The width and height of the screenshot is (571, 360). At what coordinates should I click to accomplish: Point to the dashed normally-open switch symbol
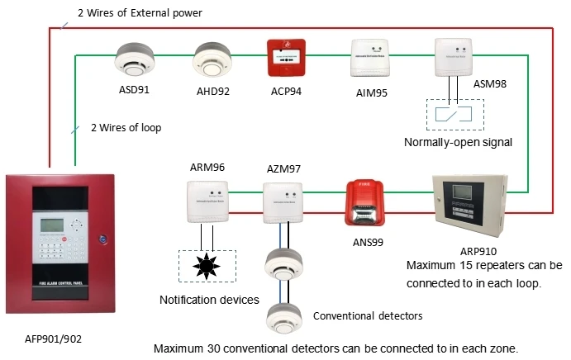(x=450, y=113)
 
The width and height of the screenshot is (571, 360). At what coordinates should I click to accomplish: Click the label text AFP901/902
(x=53, y=338)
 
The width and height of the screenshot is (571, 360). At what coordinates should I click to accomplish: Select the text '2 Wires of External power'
(x=138, y=13)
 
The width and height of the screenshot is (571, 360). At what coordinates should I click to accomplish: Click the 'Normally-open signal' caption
(x=458, y=142)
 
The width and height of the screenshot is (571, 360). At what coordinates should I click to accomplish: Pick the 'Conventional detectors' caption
(x=368, y=315)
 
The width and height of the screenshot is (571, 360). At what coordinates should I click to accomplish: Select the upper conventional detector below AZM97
(x=283, y=263)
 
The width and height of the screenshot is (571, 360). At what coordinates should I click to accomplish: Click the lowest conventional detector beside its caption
(x=283, y=315)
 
